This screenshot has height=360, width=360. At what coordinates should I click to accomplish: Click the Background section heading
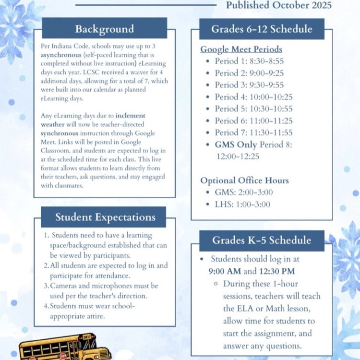point(104,29)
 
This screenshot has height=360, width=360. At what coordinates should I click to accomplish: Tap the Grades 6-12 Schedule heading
point(262,29)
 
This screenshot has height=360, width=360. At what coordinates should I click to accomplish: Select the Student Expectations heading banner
point(105,217)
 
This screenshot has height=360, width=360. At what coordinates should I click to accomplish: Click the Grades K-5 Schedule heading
point(262,240)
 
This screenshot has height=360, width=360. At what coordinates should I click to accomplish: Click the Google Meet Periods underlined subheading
point(241,49)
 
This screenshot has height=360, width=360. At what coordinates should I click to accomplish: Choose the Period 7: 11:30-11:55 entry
point(253,132)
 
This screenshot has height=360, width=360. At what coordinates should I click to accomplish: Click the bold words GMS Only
point(236,144)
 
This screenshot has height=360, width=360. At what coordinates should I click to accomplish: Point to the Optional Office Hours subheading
point(244,180)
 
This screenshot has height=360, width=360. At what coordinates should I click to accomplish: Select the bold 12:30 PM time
point(277,271)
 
